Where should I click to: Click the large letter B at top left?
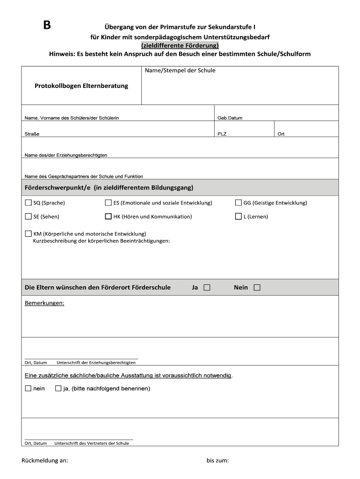47,25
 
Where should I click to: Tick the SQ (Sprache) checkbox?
28,203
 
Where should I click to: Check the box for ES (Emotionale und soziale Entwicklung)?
108,203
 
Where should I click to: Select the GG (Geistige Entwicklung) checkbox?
238,203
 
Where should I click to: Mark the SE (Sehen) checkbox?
28,217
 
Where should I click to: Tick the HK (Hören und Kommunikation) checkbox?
108,217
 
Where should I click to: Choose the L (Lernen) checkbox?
238,217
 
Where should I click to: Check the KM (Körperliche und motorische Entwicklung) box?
28,233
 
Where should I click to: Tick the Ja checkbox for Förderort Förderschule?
207,288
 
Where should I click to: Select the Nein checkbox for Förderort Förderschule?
257,288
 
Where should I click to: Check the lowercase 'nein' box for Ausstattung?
28,388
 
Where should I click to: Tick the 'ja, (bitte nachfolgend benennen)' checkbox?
58,388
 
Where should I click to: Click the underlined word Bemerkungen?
44,303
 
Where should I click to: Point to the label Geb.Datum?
230,118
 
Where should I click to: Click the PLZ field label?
222,134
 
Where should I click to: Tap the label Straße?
32,134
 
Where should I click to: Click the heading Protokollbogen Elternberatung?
81,86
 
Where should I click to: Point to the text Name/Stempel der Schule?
180,71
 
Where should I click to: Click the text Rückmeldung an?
45,461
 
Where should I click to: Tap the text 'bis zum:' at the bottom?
217,461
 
